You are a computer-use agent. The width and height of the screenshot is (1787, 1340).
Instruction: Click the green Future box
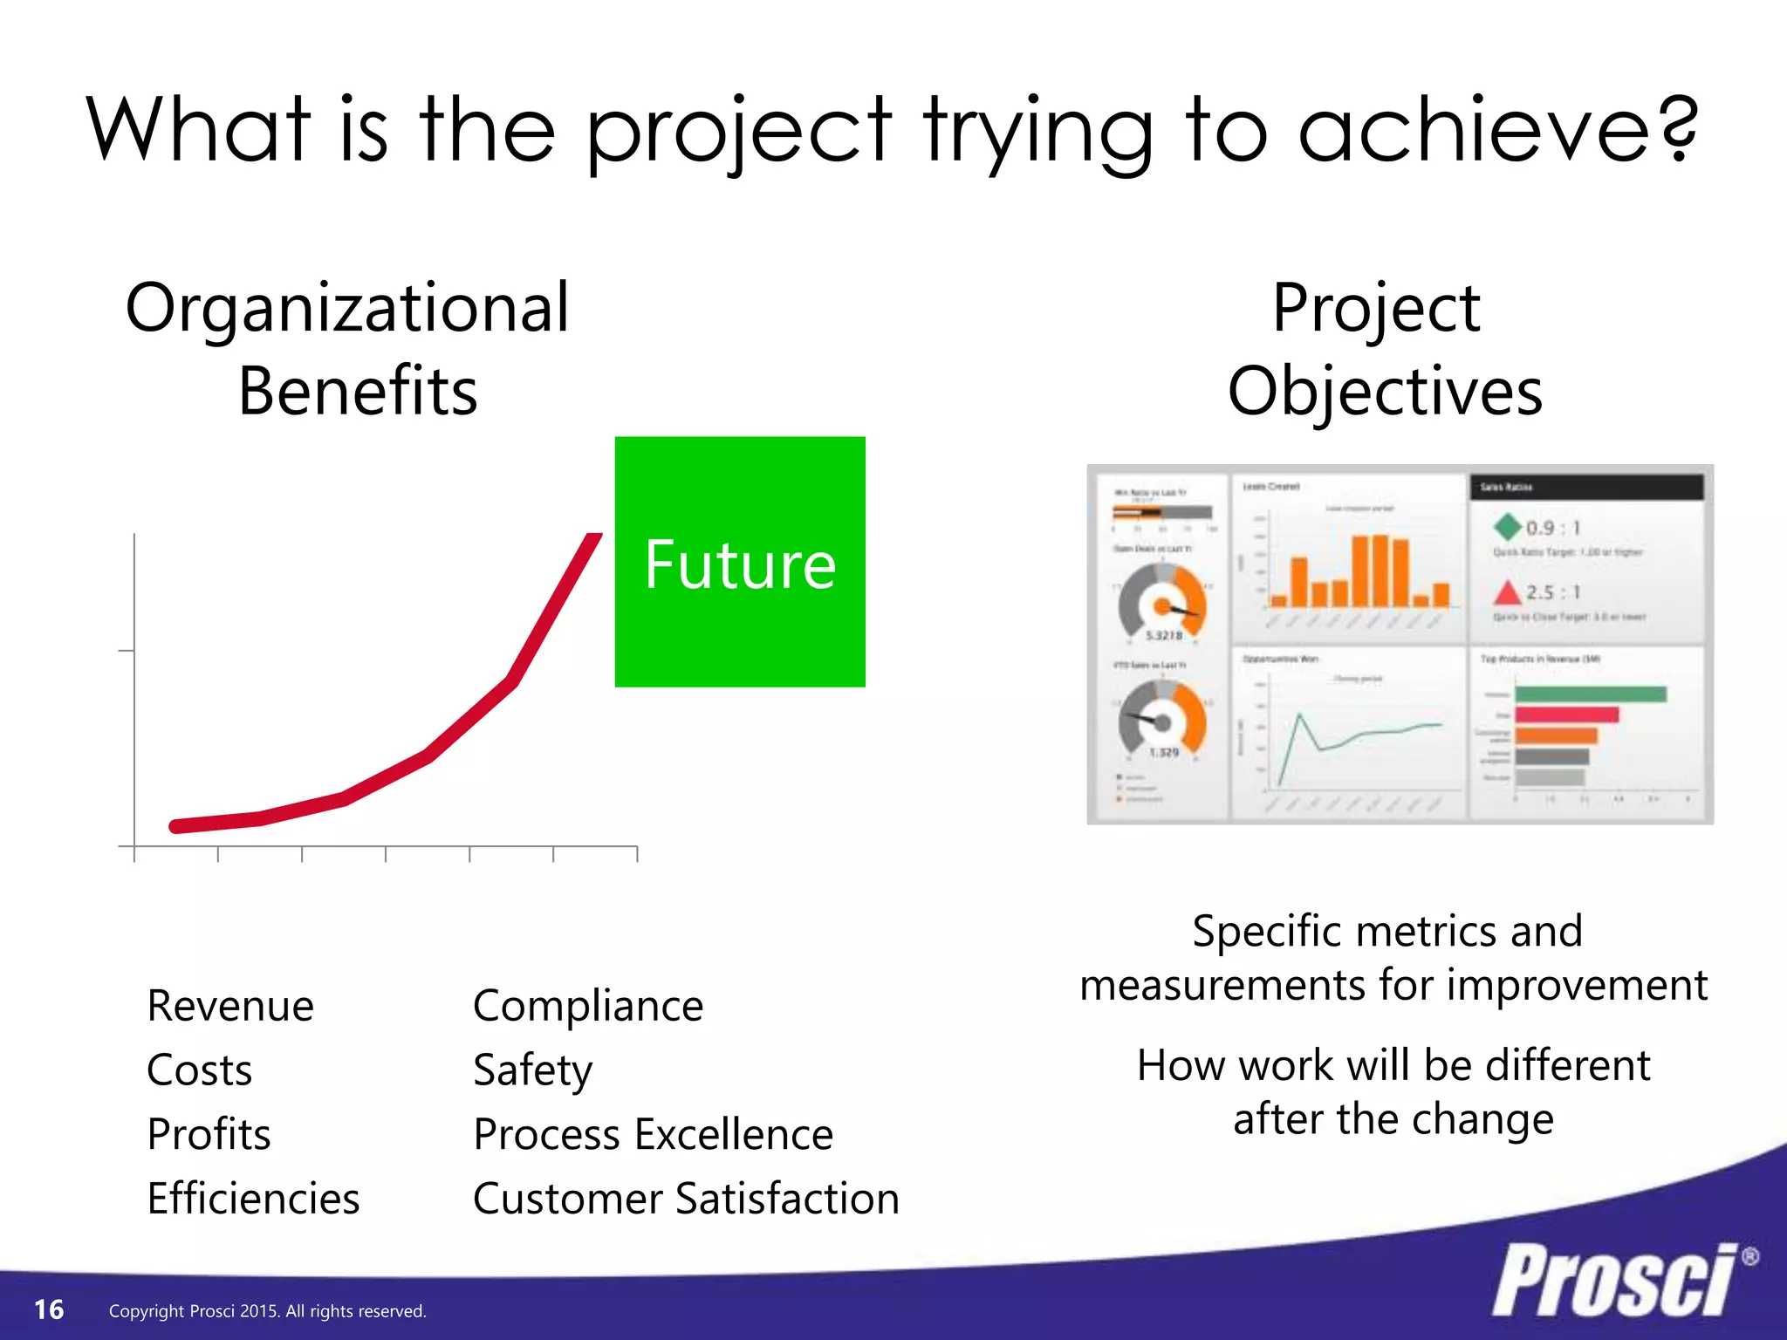pyautogui.click(x=740, y=562)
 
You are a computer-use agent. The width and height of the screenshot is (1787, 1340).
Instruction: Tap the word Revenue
pyautogui.click(x=230, y=1006)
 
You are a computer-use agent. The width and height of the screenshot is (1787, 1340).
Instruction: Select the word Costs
pyautogui.click(x=199, y=1070)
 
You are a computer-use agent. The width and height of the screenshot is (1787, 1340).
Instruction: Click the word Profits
pyautogui.click(x=209, y=1134)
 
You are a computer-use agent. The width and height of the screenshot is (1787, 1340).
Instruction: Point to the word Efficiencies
pyautogui.click(x=253, y=1199)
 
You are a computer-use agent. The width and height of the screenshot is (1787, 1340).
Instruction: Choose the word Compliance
pyautogui.click(x=588, y=1006)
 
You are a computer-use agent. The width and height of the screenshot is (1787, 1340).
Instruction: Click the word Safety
pyautogui.click(x=532, y=1070)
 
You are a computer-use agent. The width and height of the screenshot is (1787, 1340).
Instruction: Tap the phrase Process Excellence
pyautogui.click(x=653, y=1134)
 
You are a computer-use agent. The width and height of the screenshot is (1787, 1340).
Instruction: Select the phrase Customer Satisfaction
pyautogui.click(x=686, y=1199)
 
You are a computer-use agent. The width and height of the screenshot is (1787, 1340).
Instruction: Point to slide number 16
pyautogui.click(x=49, y=1309)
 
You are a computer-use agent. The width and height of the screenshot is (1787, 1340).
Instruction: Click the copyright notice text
pyautogui.click(x=267, y=1311)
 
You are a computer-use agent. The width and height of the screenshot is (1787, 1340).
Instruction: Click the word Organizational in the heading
pyautogui.click(x=347, y=309)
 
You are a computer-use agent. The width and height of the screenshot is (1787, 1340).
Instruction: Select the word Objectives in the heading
pyautogui.click(x=1385, y=392)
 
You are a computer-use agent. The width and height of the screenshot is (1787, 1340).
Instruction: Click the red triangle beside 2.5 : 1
pyautogui.click(x=1507, y=593)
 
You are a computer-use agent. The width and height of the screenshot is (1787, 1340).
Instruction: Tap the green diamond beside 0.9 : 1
pyautogui.click(x=1507, y=527)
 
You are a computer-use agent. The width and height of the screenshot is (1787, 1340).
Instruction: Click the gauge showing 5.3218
pyautogui.click(x=1162, y=602)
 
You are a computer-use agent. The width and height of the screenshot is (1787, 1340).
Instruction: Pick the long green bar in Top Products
pyautogui.click(x=1590, y=694)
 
